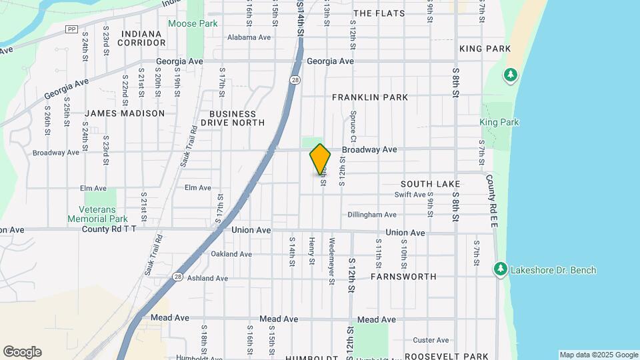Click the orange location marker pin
coord(320,159)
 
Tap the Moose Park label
coord(193,23)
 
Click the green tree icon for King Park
coord(511,75)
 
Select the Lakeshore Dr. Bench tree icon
coord(500,269)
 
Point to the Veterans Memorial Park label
coord(98,213)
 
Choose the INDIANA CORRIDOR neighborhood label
coord(141,38)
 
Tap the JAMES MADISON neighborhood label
coord(125,113)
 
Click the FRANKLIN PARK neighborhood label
coord(369,97)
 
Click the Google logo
coord(22,352)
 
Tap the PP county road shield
coord(71,29)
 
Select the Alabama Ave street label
coord(249,38)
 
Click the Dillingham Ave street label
coord(372,215)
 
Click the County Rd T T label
coord(109,229)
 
